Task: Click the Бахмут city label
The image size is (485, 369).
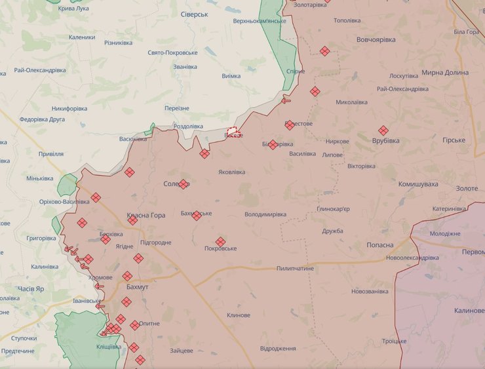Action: pyautogui.click(x=137, y=288)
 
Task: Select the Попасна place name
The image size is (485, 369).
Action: pyautogui.click(x=380, y=244)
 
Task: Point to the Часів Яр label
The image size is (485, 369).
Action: pyautogui.click(x=30, y=288)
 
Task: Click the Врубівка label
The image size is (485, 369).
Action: pyautogui.click(x=385, y=141)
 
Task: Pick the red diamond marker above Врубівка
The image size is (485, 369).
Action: pyautogui.click(x=383, y=130)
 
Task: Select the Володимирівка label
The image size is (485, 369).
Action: pyautogui.click(x=265, y=214)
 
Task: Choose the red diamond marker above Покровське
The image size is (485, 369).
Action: pyautogui.click(x=220, y=241)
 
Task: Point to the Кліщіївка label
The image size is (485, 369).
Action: pyautogui.click(x=109, y=346)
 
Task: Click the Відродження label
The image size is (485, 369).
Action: pyautogui.click(x=278, y=348)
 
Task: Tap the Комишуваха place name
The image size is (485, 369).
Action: pyautogui.click(x=418, y=184)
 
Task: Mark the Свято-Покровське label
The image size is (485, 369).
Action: pyautogui.click(x=172, y=52)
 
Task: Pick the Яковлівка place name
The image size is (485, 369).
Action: pyautogui.click(x=232, y=172)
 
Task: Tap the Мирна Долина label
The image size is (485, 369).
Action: pyautogui.click(x=445, y=73)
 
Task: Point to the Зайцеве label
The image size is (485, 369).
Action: pyautogui.click(x=182, y=351)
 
